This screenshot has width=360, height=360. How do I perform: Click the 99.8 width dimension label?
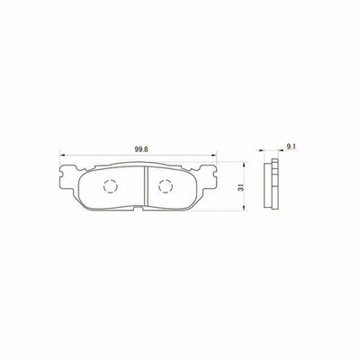pos(139,149)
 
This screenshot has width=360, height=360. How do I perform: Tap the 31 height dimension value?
pos(240,187)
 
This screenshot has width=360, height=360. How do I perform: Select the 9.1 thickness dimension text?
pos(291,147)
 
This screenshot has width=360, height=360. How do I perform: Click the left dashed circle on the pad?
pos(110,186)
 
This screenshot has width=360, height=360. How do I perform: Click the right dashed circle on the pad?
pos(166,186)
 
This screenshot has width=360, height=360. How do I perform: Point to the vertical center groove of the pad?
pos(147,186)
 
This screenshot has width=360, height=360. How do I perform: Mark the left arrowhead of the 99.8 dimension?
pos(62,155)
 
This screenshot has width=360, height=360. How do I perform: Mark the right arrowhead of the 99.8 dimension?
pos(214,155)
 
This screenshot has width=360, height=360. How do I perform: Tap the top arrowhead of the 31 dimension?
pos(244,165)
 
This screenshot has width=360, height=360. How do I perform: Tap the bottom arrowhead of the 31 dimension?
pos(244,208)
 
